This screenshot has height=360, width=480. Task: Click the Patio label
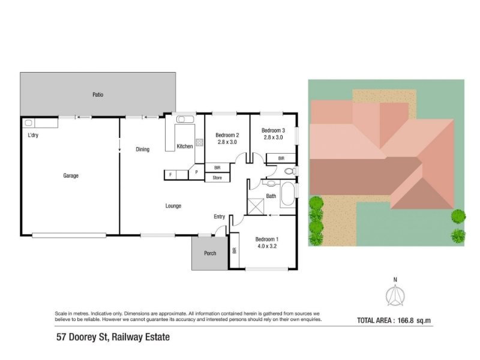[x=98, y=95]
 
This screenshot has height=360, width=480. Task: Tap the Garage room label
[x=71, y=175]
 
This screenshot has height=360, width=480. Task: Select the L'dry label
[x=33, y=135]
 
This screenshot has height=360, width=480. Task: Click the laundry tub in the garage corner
[x=28, y=123]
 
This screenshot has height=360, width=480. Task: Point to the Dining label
[x=143, y=149]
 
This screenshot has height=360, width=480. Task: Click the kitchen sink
[x=185, y=119]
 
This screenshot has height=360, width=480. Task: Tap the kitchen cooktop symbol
[x=200, y=142]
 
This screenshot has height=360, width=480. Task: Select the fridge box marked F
[x=170, y=175]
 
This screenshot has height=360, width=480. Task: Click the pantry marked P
[x=196, y=172]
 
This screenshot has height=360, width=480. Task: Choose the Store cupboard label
[x=217, y=178]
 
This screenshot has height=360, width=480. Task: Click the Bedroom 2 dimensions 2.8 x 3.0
[x=227, y=142]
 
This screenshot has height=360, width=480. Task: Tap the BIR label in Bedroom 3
[x=281, y=158]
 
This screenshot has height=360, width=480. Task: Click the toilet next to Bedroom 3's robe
[x=290, y=171]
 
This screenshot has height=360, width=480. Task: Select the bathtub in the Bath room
[x=287, y=194]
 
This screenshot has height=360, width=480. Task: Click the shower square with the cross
[x=256, y=206]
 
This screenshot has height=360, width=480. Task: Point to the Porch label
[x=210, y=253]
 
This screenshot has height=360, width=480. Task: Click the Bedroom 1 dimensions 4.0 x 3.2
[x=267, y=246]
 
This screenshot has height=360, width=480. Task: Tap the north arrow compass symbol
[x=395, y=295]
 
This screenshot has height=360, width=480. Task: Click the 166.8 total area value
[x=406, y=320]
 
